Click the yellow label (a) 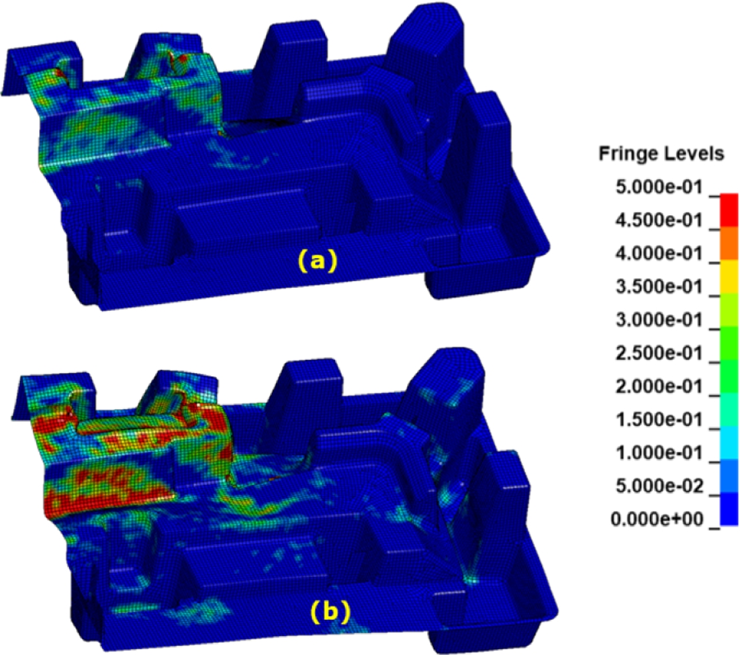(x=318, y=261)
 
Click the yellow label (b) (x=330, y=612)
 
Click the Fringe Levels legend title (x=661, y=154)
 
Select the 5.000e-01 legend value (x=659, y=187)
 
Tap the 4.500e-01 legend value (x=659, y=220)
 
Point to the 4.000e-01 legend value (x=659, y=253)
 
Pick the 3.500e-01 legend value (x=659, y=287)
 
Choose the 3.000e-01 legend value (x=659, y=320)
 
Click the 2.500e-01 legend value (x=659, y=353)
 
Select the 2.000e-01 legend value (x=659, y=386)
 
